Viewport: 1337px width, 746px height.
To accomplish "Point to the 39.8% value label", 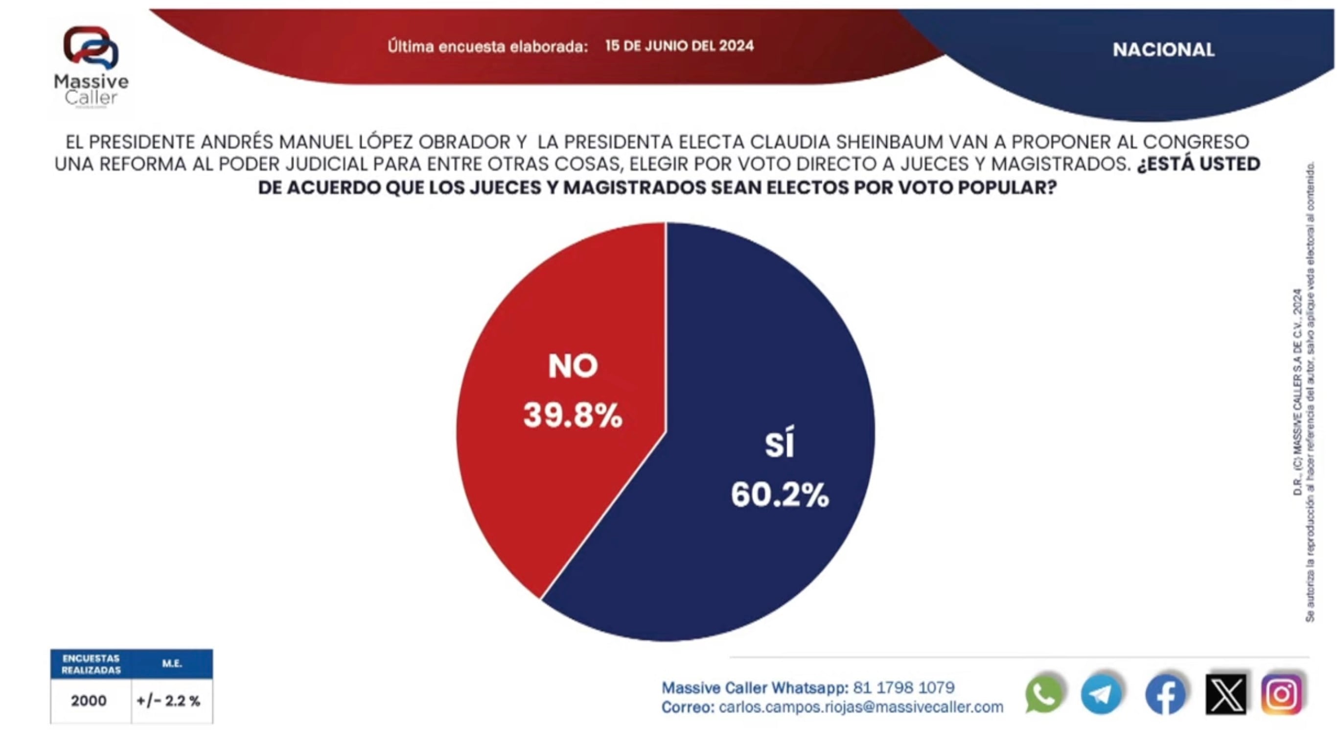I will [573, 415].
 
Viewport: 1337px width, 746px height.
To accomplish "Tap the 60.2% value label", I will [780, 494].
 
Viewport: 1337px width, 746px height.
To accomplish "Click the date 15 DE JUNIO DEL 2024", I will [679, 46].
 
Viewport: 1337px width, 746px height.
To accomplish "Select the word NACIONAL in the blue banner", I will [1163, 50].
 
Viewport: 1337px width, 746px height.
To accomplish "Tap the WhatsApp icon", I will [1044, 694].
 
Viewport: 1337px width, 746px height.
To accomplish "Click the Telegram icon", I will [1102, 694].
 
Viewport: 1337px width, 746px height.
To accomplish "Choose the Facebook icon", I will [1165, 694].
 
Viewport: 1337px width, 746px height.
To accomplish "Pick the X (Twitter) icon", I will [1225, 694].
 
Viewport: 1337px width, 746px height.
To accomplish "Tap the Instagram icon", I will [1282, 694].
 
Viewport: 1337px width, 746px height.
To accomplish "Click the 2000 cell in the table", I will [89, 701].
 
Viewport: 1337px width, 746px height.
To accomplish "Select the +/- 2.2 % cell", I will [169, 701].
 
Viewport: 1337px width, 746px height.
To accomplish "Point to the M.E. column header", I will [172, 663].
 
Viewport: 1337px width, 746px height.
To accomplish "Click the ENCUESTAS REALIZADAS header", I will [91, 664].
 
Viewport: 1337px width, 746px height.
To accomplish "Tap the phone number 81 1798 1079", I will [903, 687].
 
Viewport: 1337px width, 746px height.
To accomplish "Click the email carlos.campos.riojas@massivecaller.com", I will [860, 707].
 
